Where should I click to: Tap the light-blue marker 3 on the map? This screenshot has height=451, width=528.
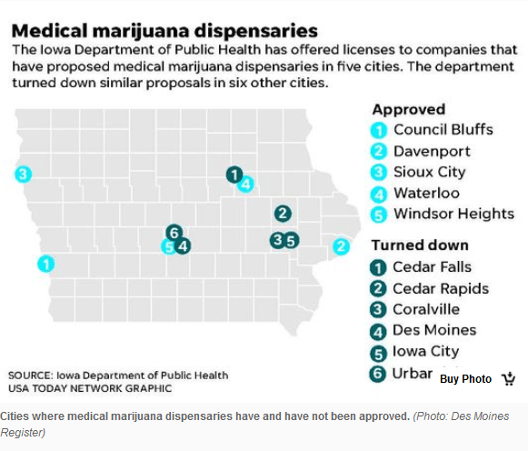pos(23,174)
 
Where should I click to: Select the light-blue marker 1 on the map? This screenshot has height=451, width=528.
pos(45,264)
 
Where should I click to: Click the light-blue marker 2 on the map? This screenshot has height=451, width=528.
pos(341,246)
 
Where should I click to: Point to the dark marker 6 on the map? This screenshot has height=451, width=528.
pos(175,232)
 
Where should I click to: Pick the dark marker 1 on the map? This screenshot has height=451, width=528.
pos(234,174)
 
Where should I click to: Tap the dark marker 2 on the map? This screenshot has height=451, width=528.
pos(283,214)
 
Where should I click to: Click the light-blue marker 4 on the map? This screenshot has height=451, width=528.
pos(245,183)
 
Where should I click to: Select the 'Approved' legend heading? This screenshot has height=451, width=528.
pos(408,109)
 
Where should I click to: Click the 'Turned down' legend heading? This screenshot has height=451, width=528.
pos(420,245)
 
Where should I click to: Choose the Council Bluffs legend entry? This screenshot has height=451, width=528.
pos(443,129)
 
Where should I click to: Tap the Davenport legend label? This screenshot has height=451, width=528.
pos(432,151)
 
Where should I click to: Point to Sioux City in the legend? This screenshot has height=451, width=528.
pos(429,172)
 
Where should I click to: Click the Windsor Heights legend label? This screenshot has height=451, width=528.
pos(453,214)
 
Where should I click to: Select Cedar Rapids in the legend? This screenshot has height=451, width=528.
pos(441,288)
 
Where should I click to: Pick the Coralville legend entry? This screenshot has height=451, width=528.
pos(426,309)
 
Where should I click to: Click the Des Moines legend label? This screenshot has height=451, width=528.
pos(434,330)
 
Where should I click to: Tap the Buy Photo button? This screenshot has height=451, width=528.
pos(466,378)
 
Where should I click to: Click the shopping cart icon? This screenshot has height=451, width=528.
pos(508,378)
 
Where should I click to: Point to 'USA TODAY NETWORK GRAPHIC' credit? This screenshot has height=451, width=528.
pos(90,388)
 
